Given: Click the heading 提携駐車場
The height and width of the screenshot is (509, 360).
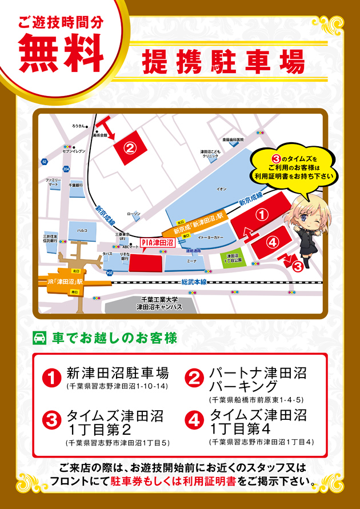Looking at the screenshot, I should [x=223, y=61].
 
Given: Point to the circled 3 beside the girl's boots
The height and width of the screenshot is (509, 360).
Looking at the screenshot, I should [x=296, y=265].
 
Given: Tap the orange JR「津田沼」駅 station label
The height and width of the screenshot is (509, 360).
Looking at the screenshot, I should [x=62, y=282].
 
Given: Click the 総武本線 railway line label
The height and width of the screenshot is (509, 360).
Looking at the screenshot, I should [x=192, y=282].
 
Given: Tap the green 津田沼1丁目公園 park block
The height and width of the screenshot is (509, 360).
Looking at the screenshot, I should [x=232, y=259].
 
